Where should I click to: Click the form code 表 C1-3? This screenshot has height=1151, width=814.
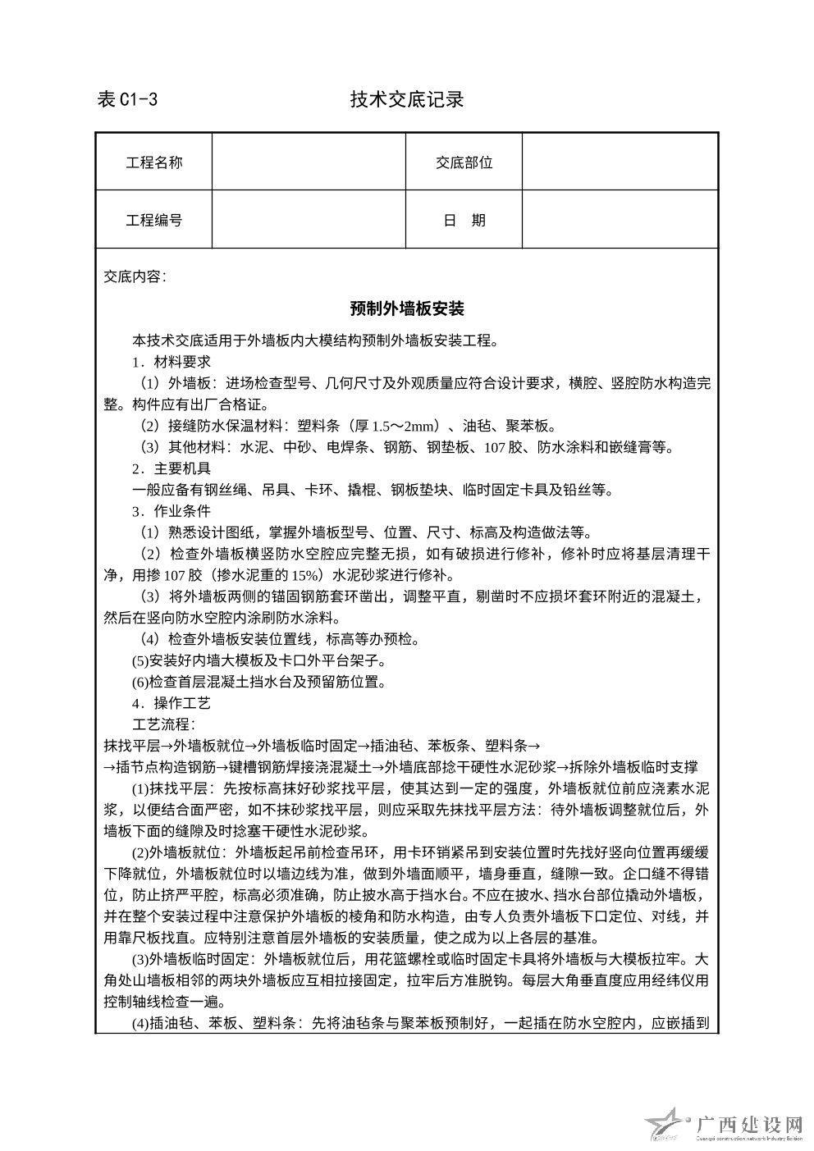coord(127,100)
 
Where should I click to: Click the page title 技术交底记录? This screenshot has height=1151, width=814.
coord(407,100)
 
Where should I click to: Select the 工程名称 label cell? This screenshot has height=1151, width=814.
coord(154,162)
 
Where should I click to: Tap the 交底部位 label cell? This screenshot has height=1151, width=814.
coord(464,162)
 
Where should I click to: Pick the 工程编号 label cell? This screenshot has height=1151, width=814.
coord(154,220)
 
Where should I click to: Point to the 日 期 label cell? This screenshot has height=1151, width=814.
coord(464,220)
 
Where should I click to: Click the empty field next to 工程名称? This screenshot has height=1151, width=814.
coord(309,162)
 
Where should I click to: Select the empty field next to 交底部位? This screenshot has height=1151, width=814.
coord(620,162)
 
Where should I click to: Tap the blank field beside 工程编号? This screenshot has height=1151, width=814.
coord(309,220)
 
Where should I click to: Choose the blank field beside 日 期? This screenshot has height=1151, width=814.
coord(620,220)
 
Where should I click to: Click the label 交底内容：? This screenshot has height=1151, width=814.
coord(135,276)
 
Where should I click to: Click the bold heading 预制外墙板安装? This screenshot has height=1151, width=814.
coord(407,309)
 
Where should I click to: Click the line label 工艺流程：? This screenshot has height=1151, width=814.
coord(164,724)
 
